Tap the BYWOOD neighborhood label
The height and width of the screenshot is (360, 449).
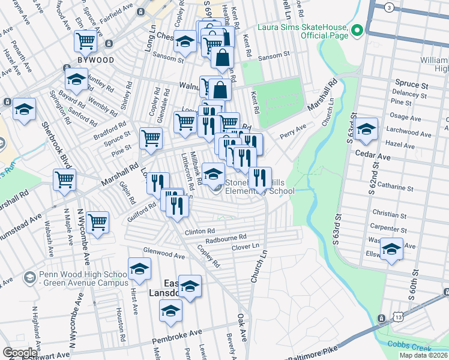point(91,61)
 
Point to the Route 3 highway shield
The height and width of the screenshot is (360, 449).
point(390,7)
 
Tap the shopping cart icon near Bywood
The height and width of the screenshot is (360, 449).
point(86,41)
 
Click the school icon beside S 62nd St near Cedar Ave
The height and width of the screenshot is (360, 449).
point(366,128)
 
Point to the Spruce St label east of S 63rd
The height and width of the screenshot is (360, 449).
point(410,85)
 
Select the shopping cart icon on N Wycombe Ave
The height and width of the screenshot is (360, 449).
point(97,222)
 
